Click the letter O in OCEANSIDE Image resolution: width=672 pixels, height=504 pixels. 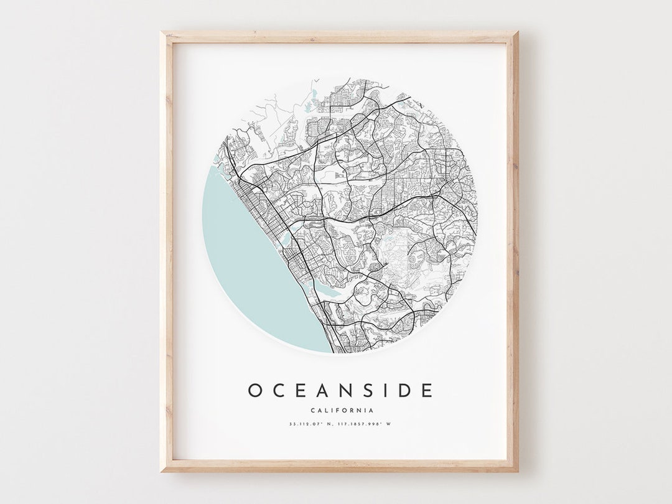(256, 391)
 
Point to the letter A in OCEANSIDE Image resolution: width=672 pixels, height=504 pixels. (319, 391)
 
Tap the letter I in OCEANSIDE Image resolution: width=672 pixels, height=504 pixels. (379, 391)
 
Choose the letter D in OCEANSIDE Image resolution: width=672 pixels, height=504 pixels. (398, 391)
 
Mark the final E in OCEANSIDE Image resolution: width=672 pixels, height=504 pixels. (426, 391)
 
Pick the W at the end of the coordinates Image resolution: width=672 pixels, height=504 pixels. (389, 424)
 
